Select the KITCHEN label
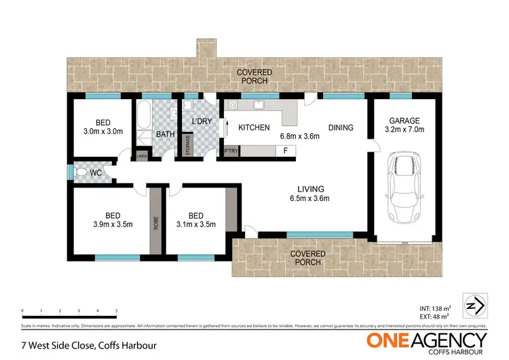pos(254,128)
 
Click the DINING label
pos(341,128)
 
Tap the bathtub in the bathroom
pos(144,123)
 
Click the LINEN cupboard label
pos(142,156)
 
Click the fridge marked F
pos(285,151)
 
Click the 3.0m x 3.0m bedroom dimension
pos(102,132)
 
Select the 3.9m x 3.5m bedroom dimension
pos(113,224)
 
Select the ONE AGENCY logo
pos(427,341)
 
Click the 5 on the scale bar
pos(117,310)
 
